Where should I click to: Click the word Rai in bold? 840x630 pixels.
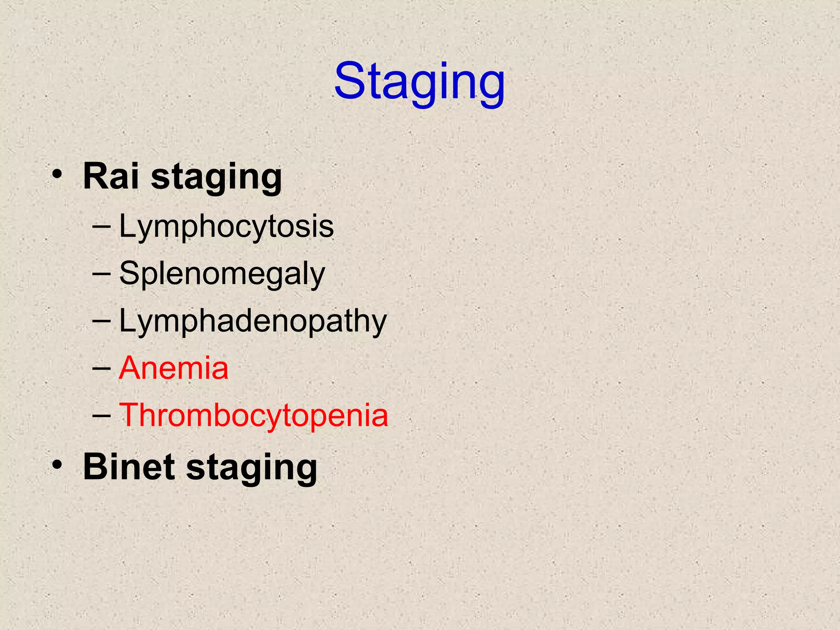click(110, 176)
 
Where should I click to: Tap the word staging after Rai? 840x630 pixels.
click(216, 178)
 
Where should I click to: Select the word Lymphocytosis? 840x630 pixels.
click(226, 227)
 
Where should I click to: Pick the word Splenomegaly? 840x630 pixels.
click(222, 274)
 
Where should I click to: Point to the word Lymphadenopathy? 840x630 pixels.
click(253, 321)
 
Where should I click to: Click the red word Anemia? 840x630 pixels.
click(173, 368)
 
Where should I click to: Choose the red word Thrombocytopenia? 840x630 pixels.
click(253, 415)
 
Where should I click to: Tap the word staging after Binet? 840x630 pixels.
click(251, 468)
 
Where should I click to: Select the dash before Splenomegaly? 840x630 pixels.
click(101, 273)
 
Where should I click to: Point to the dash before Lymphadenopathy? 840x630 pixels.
click(101, 320)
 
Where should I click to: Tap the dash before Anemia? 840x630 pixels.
click(101, 368)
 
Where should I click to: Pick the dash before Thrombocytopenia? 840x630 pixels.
click(101, 415)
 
